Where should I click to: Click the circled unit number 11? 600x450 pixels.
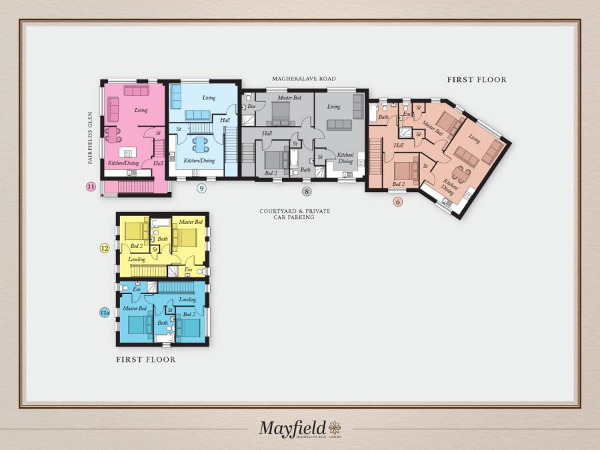click(x=91, y=186)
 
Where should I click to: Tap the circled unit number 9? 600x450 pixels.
click(x=202, y=188)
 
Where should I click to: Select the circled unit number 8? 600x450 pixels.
click(x=306, y=191)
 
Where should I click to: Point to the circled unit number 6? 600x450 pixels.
click(x=397, y=201)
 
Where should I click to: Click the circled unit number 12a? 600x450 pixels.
click(x=105, y=311)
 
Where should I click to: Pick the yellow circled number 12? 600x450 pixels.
click(x=105, y=248)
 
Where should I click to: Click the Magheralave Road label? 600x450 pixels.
click(x=301, y=79)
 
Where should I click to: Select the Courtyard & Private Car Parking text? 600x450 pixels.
click(x=295, y=214)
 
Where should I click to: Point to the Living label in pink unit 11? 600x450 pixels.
click(x=141, y=110)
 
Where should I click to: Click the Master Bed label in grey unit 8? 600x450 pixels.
click(x=289, y=98)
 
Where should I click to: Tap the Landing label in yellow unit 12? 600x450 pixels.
click(x=137, y=259)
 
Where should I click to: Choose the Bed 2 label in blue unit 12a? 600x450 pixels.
click(x=189, y=314)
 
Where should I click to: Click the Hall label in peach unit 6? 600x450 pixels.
click(x=399, y=145)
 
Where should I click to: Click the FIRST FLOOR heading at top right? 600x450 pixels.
click(x=476, y=80)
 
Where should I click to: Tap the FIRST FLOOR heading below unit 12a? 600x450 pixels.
click(x=146, y=360)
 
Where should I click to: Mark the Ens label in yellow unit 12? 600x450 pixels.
click(x=188, y=269)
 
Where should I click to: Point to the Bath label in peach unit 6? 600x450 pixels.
click(x=383, y=117)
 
